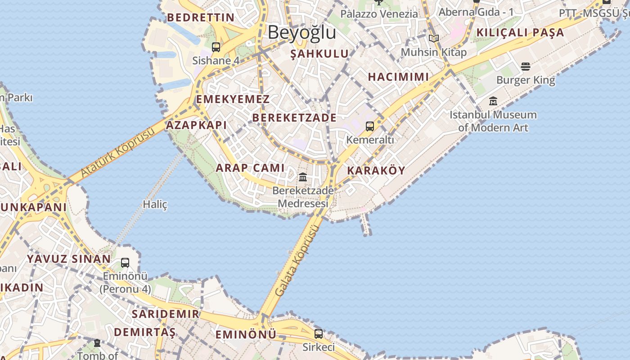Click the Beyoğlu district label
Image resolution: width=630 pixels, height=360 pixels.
pos(302,32)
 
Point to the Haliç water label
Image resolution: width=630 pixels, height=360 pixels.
pos(155,204)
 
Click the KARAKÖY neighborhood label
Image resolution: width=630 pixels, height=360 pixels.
pos(376,171)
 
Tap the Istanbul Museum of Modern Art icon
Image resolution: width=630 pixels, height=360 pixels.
pos(493,101)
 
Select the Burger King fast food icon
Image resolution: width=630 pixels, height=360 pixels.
pos(526,67)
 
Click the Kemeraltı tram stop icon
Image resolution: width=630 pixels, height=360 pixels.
pos(370,126)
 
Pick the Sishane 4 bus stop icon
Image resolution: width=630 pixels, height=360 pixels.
pos(216,47)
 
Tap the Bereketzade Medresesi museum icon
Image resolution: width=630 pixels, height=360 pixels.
pos(303,177)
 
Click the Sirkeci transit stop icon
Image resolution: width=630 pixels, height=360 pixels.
pos(319,334)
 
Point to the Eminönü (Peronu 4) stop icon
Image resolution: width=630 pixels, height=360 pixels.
pos(125,263)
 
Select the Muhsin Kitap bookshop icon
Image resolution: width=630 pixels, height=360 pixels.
pos(434,39)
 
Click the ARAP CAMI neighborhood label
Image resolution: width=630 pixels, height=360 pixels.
pos(250,168)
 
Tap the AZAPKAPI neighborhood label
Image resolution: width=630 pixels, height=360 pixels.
pos(197,125)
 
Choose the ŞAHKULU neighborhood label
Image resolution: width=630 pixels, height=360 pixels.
pos(319,54)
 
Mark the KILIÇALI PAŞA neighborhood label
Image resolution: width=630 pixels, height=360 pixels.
pos(520,32)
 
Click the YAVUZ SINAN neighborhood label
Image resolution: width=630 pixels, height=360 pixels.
pos(69,259)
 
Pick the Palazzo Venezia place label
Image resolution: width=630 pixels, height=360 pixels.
pos(379,13)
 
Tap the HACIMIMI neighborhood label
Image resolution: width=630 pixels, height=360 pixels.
pos(398,76)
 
